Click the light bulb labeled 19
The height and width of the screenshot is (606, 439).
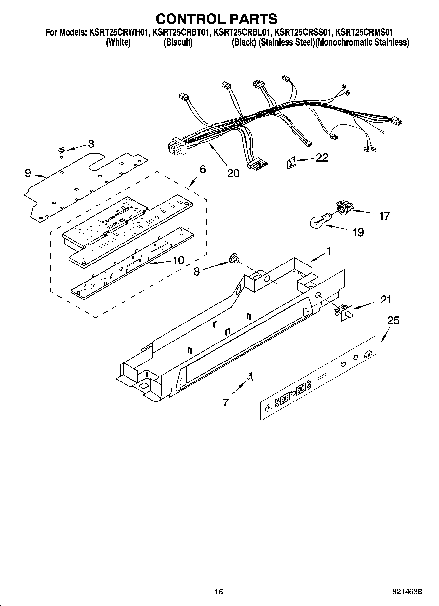(x=318, y=222)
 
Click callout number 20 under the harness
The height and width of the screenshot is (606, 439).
(x=233, y=173)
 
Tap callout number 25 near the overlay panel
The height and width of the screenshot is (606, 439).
(x=393, y=320)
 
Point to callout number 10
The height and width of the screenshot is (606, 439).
(x=178, y=260)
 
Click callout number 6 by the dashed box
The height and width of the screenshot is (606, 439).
(x=202, y=169)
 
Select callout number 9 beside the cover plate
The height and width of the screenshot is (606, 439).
(x=28, y=173)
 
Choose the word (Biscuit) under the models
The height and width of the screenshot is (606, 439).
(x=178, y=43)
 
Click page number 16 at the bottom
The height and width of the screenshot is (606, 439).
(x=219, y=591)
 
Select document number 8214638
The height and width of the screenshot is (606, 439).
(x=407, y=591)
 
